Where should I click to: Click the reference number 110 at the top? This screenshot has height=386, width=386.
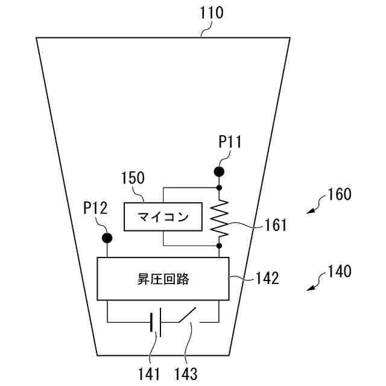(x=211, y=12)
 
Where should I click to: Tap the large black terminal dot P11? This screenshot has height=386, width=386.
(x=219, y=172)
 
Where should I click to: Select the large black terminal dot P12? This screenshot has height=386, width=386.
(x=107, y=238)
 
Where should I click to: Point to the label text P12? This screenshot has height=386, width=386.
(x=95, y=209)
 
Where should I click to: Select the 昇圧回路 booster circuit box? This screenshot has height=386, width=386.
(x=163, y=279)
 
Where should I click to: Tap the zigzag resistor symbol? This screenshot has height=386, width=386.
(x=219, y=217)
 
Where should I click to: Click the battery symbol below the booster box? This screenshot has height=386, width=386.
(x=155, y=322)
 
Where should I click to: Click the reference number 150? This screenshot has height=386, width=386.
(x=133, y=179)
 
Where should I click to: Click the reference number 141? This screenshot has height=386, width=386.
(x=148, y=373)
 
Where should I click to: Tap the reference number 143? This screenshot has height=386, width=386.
(x=185, y=373)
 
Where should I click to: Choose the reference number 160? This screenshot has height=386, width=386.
(x=339, y=195)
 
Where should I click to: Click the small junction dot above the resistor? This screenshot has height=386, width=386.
(x=219, y=188)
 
